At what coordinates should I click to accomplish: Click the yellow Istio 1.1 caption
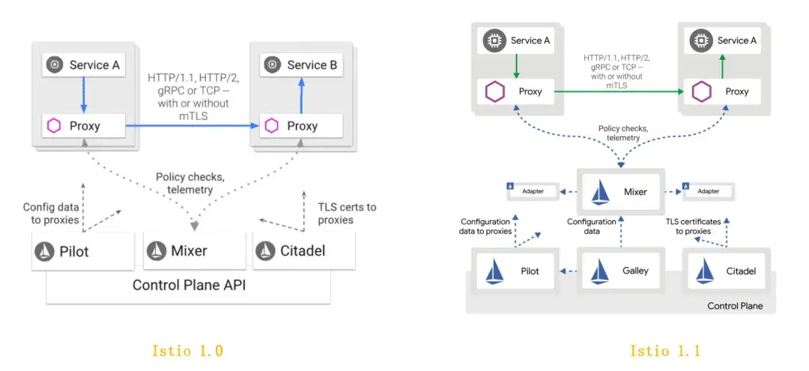point(664,350)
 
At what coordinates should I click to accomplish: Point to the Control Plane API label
point(188,285)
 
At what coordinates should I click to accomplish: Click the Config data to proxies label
point(51,214)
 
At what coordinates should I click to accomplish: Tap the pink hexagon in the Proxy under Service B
point(271,125)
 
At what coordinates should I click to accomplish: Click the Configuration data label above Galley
point(591,226)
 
